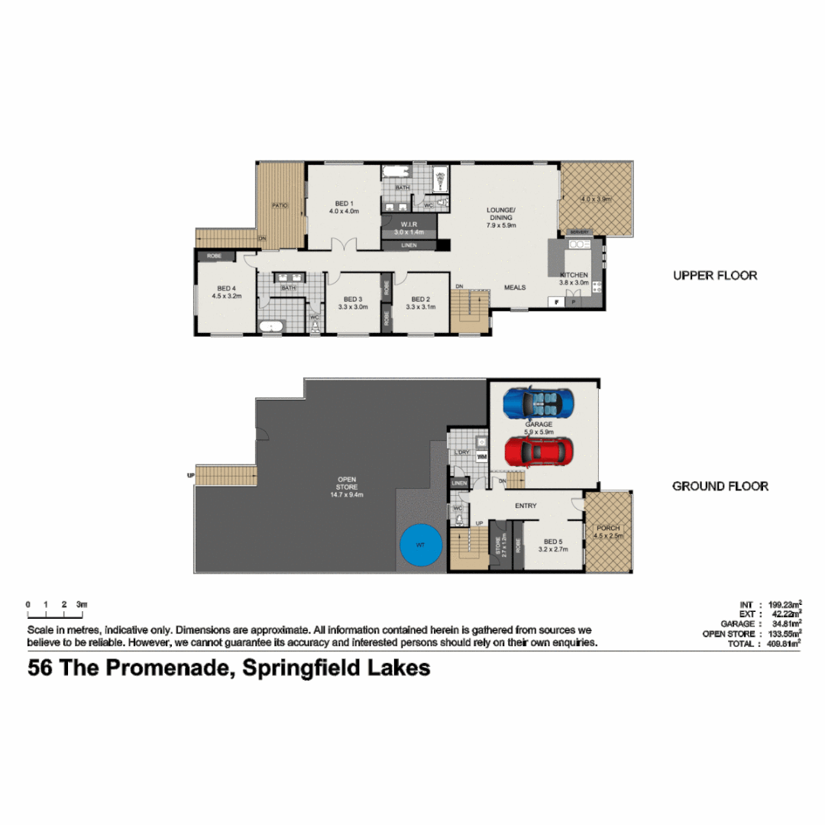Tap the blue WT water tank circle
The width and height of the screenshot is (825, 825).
tap(420, 545)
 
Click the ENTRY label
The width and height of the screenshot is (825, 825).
tap(526, 506)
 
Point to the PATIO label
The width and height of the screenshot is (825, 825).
tap(280, 205)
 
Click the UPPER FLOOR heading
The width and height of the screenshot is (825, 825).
tap(715, 276)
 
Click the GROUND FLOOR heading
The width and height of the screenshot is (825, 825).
tap(720, 487)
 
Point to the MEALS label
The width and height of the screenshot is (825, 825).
tap(515, 288)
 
